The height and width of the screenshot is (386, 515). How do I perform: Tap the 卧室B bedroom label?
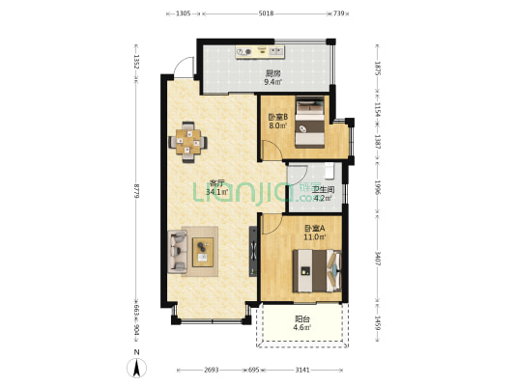tap(278, 117)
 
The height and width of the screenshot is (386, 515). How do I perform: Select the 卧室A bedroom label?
tap(315, 229)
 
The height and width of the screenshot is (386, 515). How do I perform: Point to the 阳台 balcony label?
tap(302, 318)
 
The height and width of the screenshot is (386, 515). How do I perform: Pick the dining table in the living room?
tap(187, 142)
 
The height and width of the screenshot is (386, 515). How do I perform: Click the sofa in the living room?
tap(178, 252)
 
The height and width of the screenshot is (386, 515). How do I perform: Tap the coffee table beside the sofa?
tap(203, 252)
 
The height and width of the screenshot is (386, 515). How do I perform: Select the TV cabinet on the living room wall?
tap(253, 252)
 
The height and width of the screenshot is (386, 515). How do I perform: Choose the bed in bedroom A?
tap(317, 271)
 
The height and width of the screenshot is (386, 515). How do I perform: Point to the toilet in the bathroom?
tap(329, 171)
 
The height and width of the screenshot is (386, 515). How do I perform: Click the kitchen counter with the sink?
tap(260, 52)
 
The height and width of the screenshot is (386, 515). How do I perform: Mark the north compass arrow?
tap(137, 368)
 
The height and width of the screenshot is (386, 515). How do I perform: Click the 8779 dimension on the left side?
tap(136, 190)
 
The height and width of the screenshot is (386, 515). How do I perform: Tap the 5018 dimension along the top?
tap(267, 14)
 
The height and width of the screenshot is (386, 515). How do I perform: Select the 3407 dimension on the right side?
tap(378, 259)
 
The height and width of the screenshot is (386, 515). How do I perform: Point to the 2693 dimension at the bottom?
tap(212, 370)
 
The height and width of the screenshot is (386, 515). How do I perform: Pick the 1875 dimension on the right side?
tap(378, 69)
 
